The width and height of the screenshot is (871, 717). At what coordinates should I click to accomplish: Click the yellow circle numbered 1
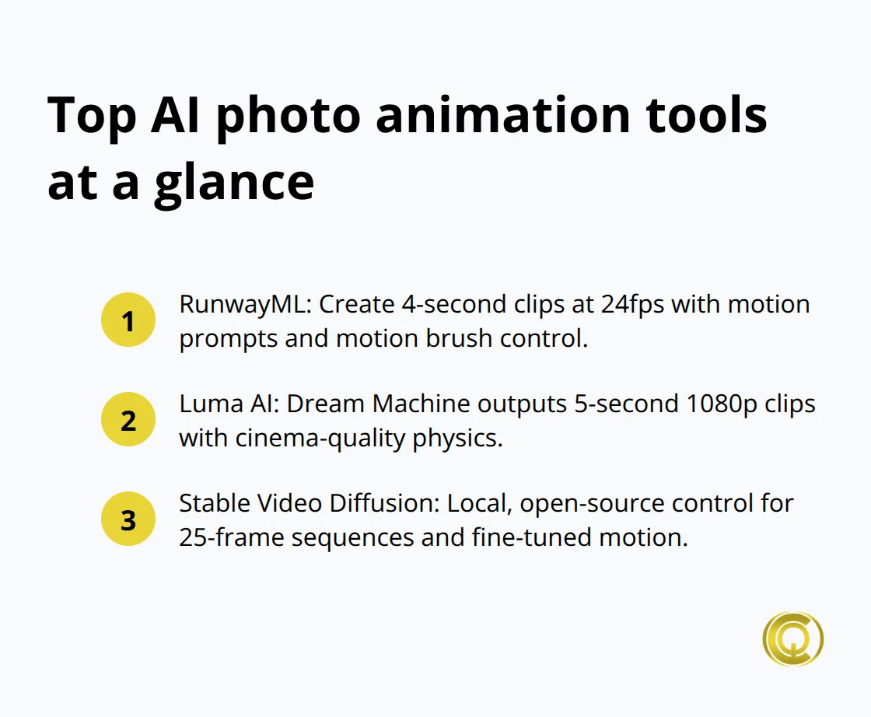[128, 320]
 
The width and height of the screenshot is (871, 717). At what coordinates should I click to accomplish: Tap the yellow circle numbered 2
[128, 420]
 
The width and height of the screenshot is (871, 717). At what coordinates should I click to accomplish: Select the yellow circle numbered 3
[128, 519]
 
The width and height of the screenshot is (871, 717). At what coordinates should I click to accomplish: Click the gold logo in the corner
[792, 638]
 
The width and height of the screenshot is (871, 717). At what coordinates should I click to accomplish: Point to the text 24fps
[633, 304]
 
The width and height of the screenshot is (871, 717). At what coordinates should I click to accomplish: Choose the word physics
[463, 439]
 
